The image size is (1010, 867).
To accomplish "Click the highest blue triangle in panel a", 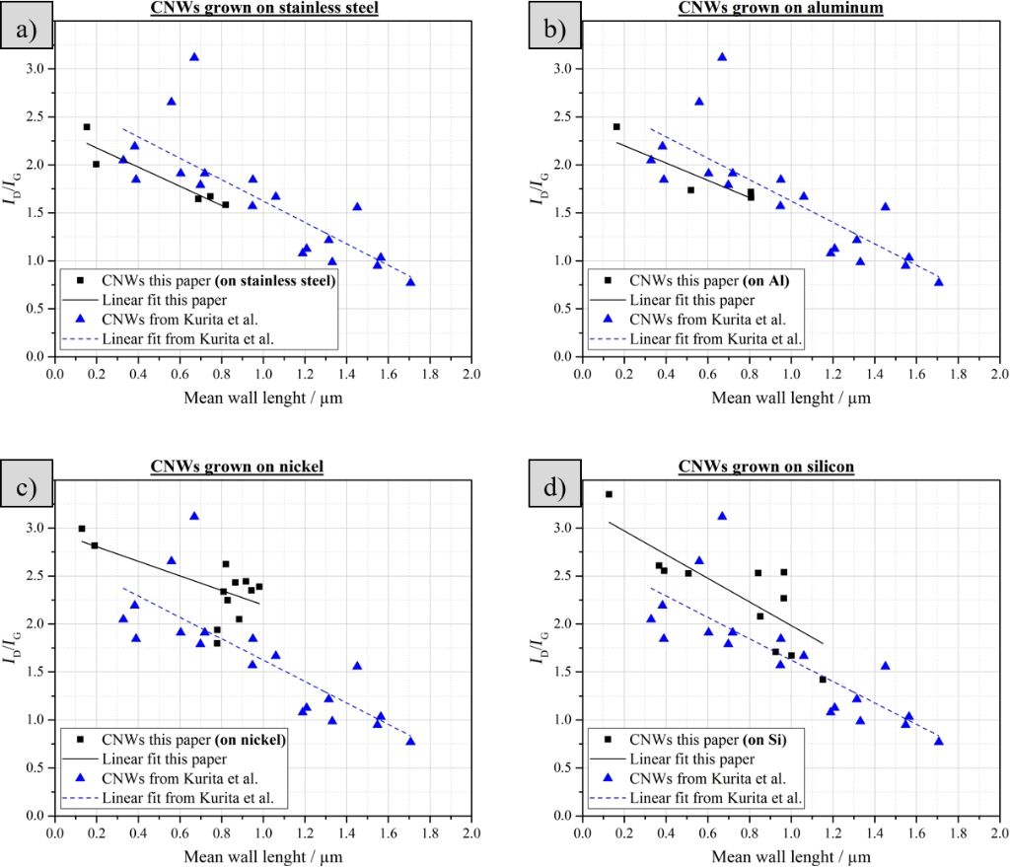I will point(194,57).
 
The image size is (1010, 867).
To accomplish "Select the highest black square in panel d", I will point(609,494).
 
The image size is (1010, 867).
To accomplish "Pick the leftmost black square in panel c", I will point(82,529).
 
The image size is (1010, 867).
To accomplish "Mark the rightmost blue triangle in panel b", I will point(939,282).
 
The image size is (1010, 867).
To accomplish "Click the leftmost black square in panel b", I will point(616,126).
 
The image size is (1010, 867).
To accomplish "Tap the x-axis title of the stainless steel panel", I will point(263,399).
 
